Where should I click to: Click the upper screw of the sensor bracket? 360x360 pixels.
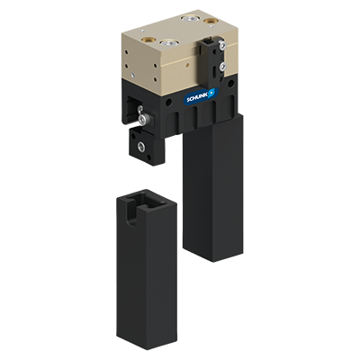(217, 44)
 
